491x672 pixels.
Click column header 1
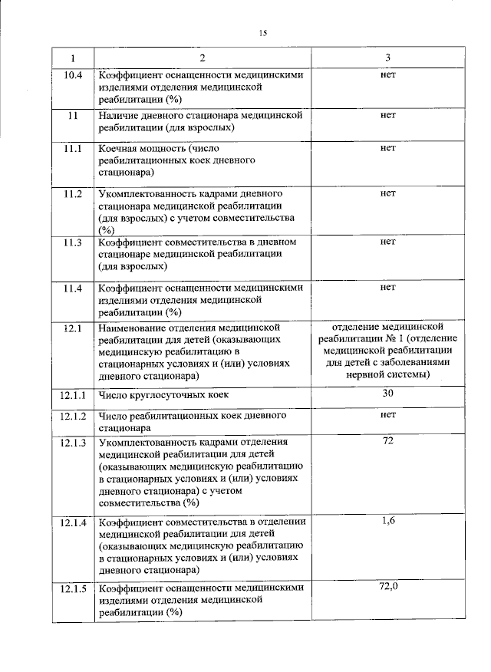[73, 58]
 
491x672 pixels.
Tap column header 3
[387, 58]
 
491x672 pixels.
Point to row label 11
[73, 115]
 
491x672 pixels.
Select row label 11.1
[73, 149]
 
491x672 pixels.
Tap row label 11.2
[73, 193]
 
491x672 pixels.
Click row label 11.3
[73, 242]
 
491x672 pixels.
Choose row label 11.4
[73, 288]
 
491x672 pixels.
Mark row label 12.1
[73, 328]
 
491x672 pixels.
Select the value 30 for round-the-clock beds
[387, 393]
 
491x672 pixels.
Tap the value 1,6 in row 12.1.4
[387, 520]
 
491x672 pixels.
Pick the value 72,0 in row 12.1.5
[387, 586]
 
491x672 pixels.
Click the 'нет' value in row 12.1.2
[387, 415]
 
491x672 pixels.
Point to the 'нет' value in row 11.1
[387, 148]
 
